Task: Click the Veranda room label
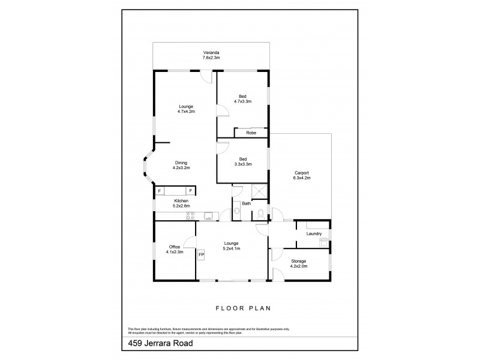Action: (x=211, y=53)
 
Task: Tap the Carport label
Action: (x=302, y=172)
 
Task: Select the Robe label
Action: (x=243, y=133)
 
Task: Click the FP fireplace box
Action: (x=201, y=254)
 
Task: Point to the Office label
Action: (x=175, y=247)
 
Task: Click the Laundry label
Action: (x=314, y=233)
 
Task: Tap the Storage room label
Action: (x=299, y=261)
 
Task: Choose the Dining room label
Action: (x=181, y=163)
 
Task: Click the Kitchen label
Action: (x=181, y=200)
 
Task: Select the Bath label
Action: (x=246, y=203)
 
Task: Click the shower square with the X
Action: (x=259, y=191)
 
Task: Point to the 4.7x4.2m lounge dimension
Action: (x=186, y=112)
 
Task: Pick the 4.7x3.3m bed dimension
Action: (x=242, y=101)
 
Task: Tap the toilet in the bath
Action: (x=259, y=213)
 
